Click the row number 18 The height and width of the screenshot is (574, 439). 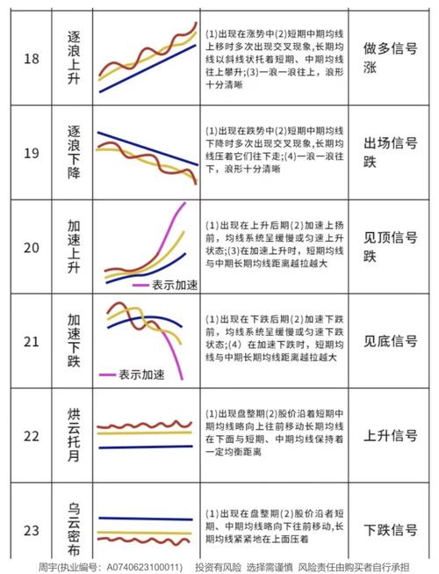(x=32, y=59)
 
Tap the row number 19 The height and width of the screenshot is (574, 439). (x=32, y=154)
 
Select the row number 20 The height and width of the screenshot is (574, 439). (x=32, y=248)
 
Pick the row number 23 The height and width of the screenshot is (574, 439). (x=32, y=530)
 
